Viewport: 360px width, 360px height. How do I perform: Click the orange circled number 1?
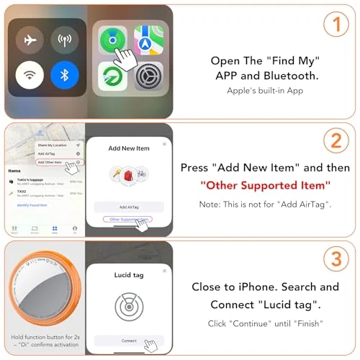333,24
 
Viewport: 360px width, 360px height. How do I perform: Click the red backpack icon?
129,176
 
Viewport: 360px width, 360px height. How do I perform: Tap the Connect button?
129,340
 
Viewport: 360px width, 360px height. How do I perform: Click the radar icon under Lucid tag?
129,305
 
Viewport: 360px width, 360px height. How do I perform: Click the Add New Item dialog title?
129,148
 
